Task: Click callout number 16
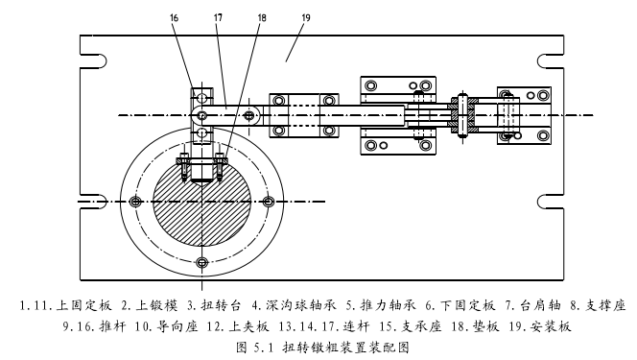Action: [175, 18]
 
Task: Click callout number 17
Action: [218, 18]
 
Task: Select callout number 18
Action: [262, 18]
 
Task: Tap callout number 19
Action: [306, 18]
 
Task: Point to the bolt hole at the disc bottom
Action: [201, 262]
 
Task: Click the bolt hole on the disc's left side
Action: [135, 202]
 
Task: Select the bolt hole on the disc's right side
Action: [268, 202]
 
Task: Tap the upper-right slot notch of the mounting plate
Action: [551, 60]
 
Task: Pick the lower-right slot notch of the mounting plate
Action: [551, 202]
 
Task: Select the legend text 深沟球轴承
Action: [301, 305]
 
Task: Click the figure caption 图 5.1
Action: [255, 348]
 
